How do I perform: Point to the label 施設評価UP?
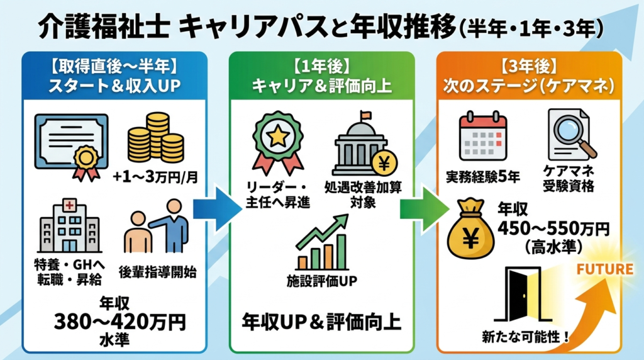tap(321, 279)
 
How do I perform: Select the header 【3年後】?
tap(529, 65)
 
